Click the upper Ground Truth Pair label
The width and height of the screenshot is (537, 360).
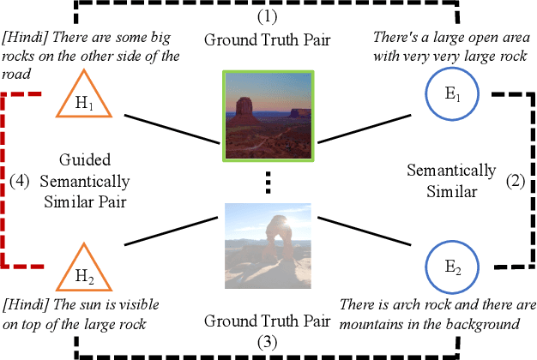click(x=268, y=39)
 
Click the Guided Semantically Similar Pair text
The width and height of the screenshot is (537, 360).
click(x=95, y=181)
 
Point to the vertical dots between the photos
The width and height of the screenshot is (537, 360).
click(x=267, y=181)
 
